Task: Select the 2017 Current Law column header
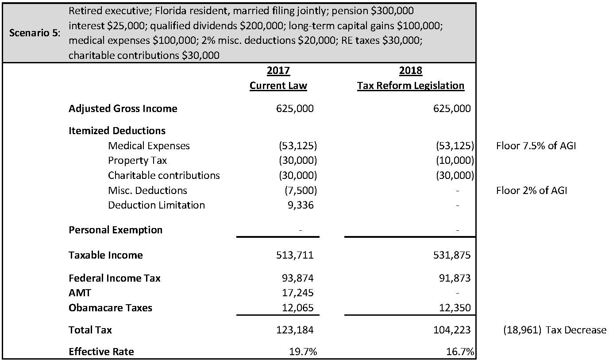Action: click(278, 78)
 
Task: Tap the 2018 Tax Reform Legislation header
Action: click(411, 78)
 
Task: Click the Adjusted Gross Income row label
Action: click(123, 108)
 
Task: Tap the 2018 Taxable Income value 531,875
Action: click(452, 255)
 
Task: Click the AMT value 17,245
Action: click(297, 293)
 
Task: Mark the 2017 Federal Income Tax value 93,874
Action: click(297, 278)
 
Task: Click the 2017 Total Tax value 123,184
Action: click(295, 330)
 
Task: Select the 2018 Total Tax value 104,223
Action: click(452, 330)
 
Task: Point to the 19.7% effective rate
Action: click(303, 352)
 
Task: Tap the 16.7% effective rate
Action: click(461, 352)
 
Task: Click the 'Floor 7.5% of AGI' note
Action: click(536, 146)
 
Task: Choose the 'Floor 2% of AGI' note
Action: click(532, 190)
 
